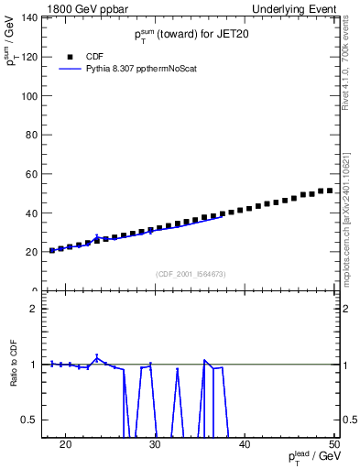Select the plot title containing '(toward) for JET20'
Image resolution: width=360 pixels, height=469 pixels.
tap(191, 35)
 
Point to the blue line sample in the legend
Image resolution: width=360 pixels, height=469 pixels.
tap(71, 69)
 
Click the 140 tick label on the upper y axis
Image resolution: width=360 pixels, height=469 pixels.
tap(28, 17)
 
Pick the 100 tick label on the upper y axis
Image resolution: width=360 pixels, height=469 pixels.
tap(28, 95)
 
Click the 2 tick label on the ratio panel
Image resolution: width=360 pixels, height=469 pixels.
tap(34, 309)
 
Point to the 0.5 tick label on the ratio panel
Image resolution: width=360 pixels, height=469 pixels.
tap(30, 420)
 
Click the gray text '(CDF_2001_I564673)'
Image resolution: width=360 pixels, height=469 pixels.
tap(191, 274)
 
